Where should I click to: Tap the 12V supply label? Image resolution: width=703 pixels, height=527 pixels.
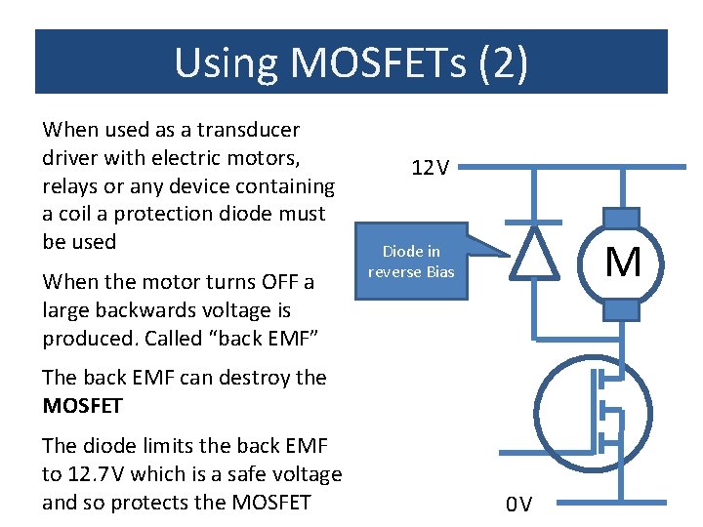point(430,169)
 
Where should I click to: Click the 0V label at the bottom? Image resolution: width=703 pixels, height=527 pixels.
point(518,505)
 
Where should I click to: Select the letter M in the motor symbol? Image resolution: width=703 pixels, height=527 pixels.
point(623,263)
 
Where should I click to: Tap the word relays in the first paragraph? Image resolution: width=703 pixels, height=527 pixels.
point(70,185)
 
